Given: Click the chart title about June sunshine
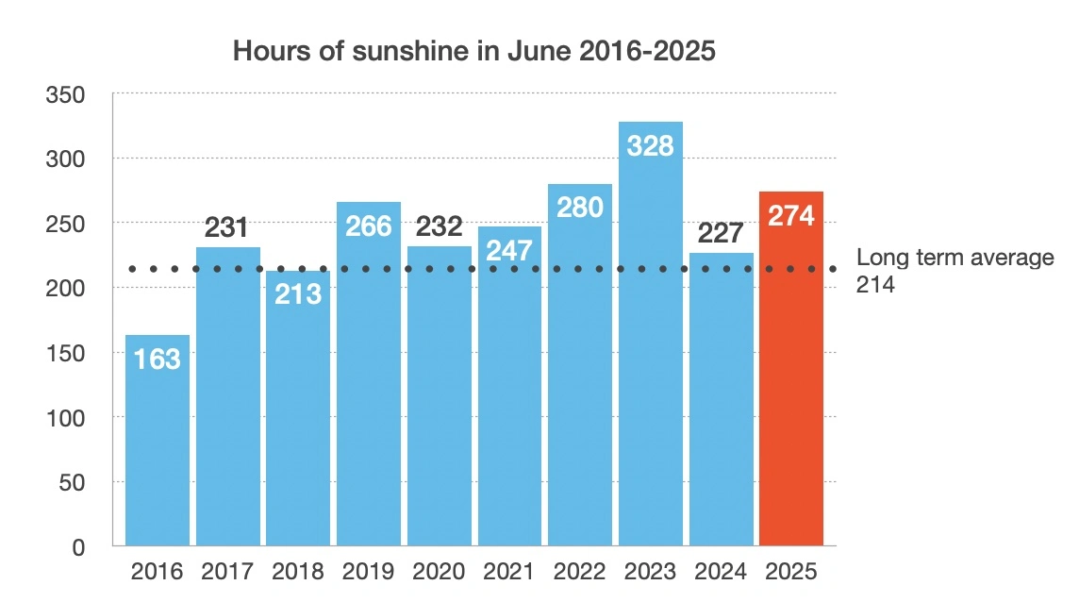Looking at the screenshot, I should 473,51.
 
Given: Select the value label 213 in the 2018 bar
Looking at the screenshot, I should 298,293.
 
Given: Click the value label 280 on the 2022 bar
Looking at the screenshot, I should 580,207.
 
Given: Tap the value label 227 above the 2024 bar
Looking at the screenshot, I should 722,232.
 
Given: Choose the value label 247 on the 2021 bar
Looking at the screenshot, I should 509,250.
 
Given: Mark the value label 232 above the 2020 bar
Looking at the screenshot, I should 439,226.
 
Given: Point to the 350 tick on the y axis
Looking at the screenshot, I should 65,94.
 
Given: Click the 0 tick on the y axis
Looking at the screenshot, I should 77,547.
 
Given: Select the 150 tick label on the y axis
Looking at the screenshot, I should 65,353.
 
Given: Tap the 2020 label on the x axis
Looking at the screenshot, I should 439,572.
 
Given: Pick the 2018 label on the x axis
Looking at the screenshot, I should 298,572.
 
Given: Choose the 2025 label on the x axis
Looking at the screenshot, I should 791,572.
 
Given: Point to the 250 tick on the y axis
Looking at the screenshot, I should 65,224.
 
